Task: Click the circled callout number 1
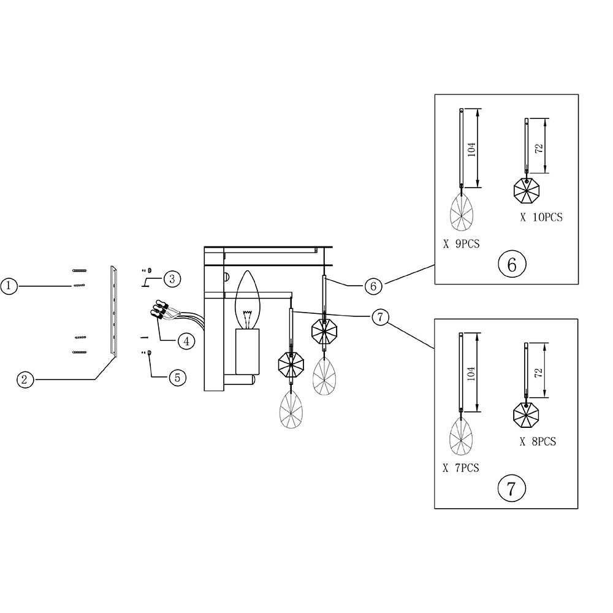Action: click(x=9, y=286)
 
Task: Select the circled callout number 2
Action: click(x=24, y=379)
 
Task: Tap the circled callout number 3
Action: click(x=172, y=278)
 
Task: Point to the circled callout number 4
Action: click(x=186, y=341)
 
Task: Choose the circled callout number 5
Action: click(x=177, y=377)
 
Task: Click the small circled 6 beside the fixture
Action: click(x=373, y=285)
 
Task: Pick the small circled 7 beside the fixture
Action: click(x=380, y=316)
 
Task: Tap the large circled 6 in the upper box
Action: click(x=512, y=264)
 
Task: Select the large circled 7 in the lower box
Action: click(x=512, y=489)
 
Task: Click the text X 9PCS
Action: click(x=461, y=243)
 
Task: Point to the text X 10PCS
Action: click(x=541, y=216)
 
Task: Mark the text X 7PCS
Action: click(x=461, y=468)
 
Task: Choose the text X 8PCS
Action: click(x=538, y=441)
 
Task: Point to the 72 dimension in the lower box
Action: click(x=539, y=373)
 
